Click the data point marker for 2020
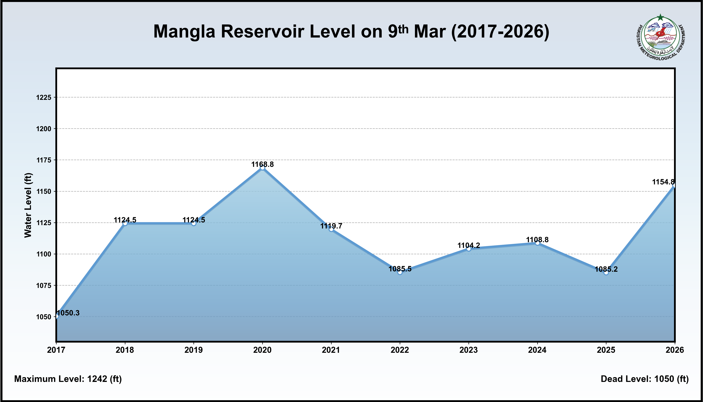pos(262,168)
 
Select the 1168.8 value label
pos(262,164)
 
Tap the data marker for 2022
pos(400,272)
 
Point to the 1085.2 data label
pos(606,269)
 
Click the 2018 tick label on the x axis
pos(125,350)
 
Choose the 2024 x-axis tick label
pos(537,350)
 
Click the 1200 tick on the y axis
pos(44,129)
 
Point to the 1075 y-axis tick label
pos(44,285)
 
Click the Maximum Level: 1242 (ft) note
pos(68,379)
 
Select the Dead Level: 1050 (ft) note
pos(645,379)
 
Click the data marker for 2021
pos(331,229)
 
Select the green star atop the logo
pos(660,18)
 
